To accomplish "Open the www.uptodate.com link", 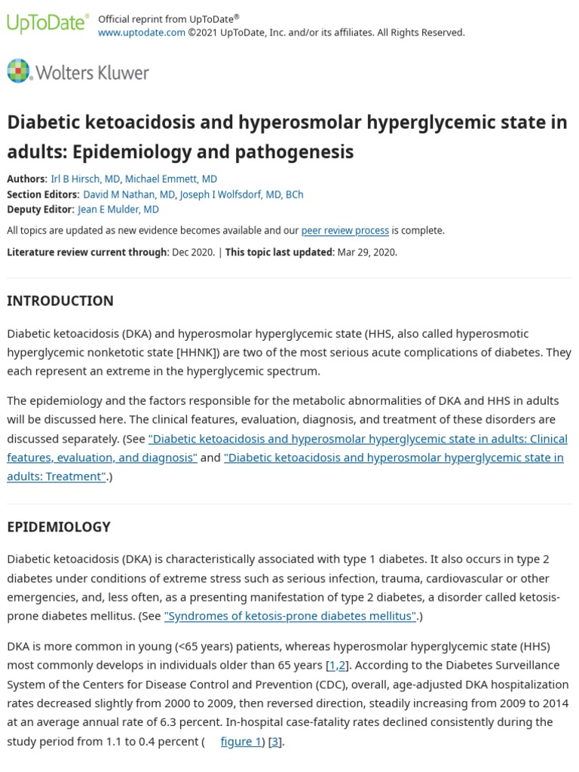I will (142, 32).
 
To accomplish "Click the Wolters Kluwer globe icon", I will (18, 71).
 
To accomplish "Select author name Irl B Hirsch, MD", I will (84, 179).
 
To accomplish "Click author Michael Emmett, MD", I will (171, 179).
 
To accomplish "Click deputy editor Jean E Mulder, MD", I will (118, 210).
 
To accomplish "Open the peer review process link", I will (345, 231).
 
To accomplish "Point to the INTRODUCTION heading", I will (60, 301).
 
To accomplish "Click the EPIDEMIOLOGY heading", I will (59, 527).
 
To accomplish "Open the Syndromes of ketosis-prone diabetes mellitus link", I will (290, 616).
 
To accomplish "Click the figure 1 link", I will (240, 741).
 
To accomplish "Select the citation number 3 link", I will (274, 741).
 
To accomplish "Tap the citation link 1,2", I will (337, 666).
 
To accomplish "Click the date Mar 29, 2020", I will (366, 252).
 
